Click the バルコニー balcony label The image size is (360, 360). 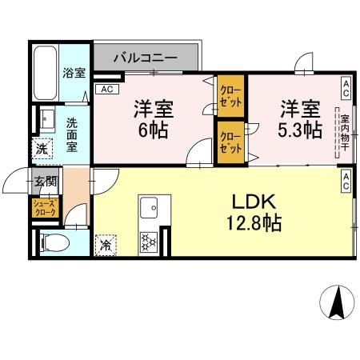[145, 58]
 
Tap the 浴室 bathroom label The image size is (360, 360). [73, 73]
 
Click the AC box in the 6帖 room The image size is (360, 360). [106, 90]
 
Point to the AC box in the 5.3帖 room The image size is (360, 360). [346, 85]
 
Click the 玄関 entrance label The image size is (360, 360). [44, 182]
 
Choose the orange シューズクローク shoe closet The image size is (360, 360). [44, 209]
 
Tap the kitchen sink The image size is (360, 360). [149, 210]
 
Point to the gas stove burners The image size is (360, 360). [149, 242]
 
